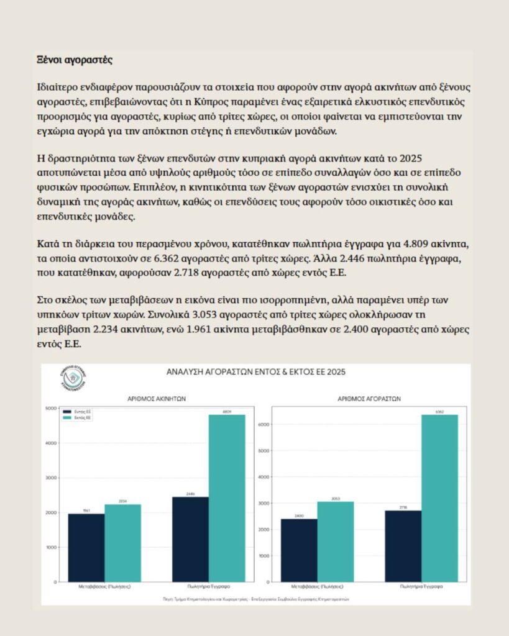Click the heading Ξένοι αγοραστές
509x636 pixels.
(x=75, y=61)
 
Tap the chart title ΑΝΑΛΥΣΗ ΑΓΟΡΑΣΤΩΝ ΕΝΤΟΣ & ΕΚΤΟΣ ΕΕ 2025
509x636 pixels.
(x=255, y=371)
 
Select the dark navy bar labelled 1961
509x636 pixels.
(x=86, y=547)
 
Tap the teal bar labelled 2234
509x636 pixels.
(x=122, y=543)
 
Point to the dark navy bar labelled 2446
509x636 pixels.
(x=190, y=539)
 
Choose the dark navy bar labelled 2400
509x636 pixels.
(x=299, y=550)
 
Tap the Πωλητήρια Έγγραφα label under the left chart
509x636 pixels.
(x=208, y=586)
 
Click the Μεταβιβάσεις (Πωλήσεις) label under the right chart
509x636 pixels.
(x=316, y=586)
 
